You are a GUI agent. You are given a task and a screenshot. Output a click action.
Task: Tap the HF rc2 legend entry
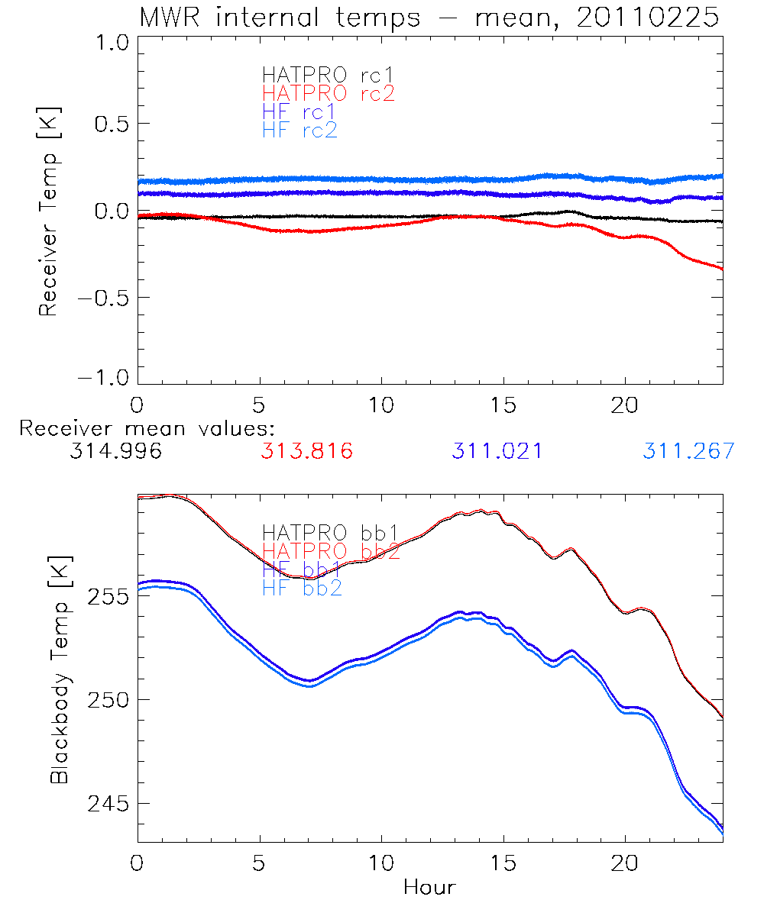(299, 131)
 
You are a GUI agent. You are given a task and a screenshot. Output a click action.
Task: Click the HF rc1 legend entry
(299, 112)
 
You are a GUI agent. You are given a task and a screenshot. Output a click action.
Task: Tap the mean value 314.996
(115, 451)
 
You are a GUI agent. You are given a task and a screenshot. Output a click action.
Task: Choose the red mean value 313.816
(306, 451)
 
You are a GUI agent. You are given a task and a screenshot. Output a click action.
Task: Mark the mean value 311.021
(497, 451)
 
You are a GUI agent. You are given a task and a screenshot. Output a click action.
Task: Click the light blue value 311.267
(688, 451)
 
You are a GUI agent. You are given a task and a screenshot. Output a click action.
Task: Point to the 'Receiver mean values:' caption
(147, 428)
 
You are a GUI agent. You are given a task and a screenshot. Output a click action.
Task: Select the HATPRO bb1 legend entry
(330, 533)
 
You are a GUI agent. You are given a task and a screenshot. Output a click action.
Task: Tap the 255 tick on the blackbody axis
(107, 596)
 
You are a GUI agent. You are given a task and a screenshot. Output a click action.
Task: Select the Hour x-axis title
(429, 887)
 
